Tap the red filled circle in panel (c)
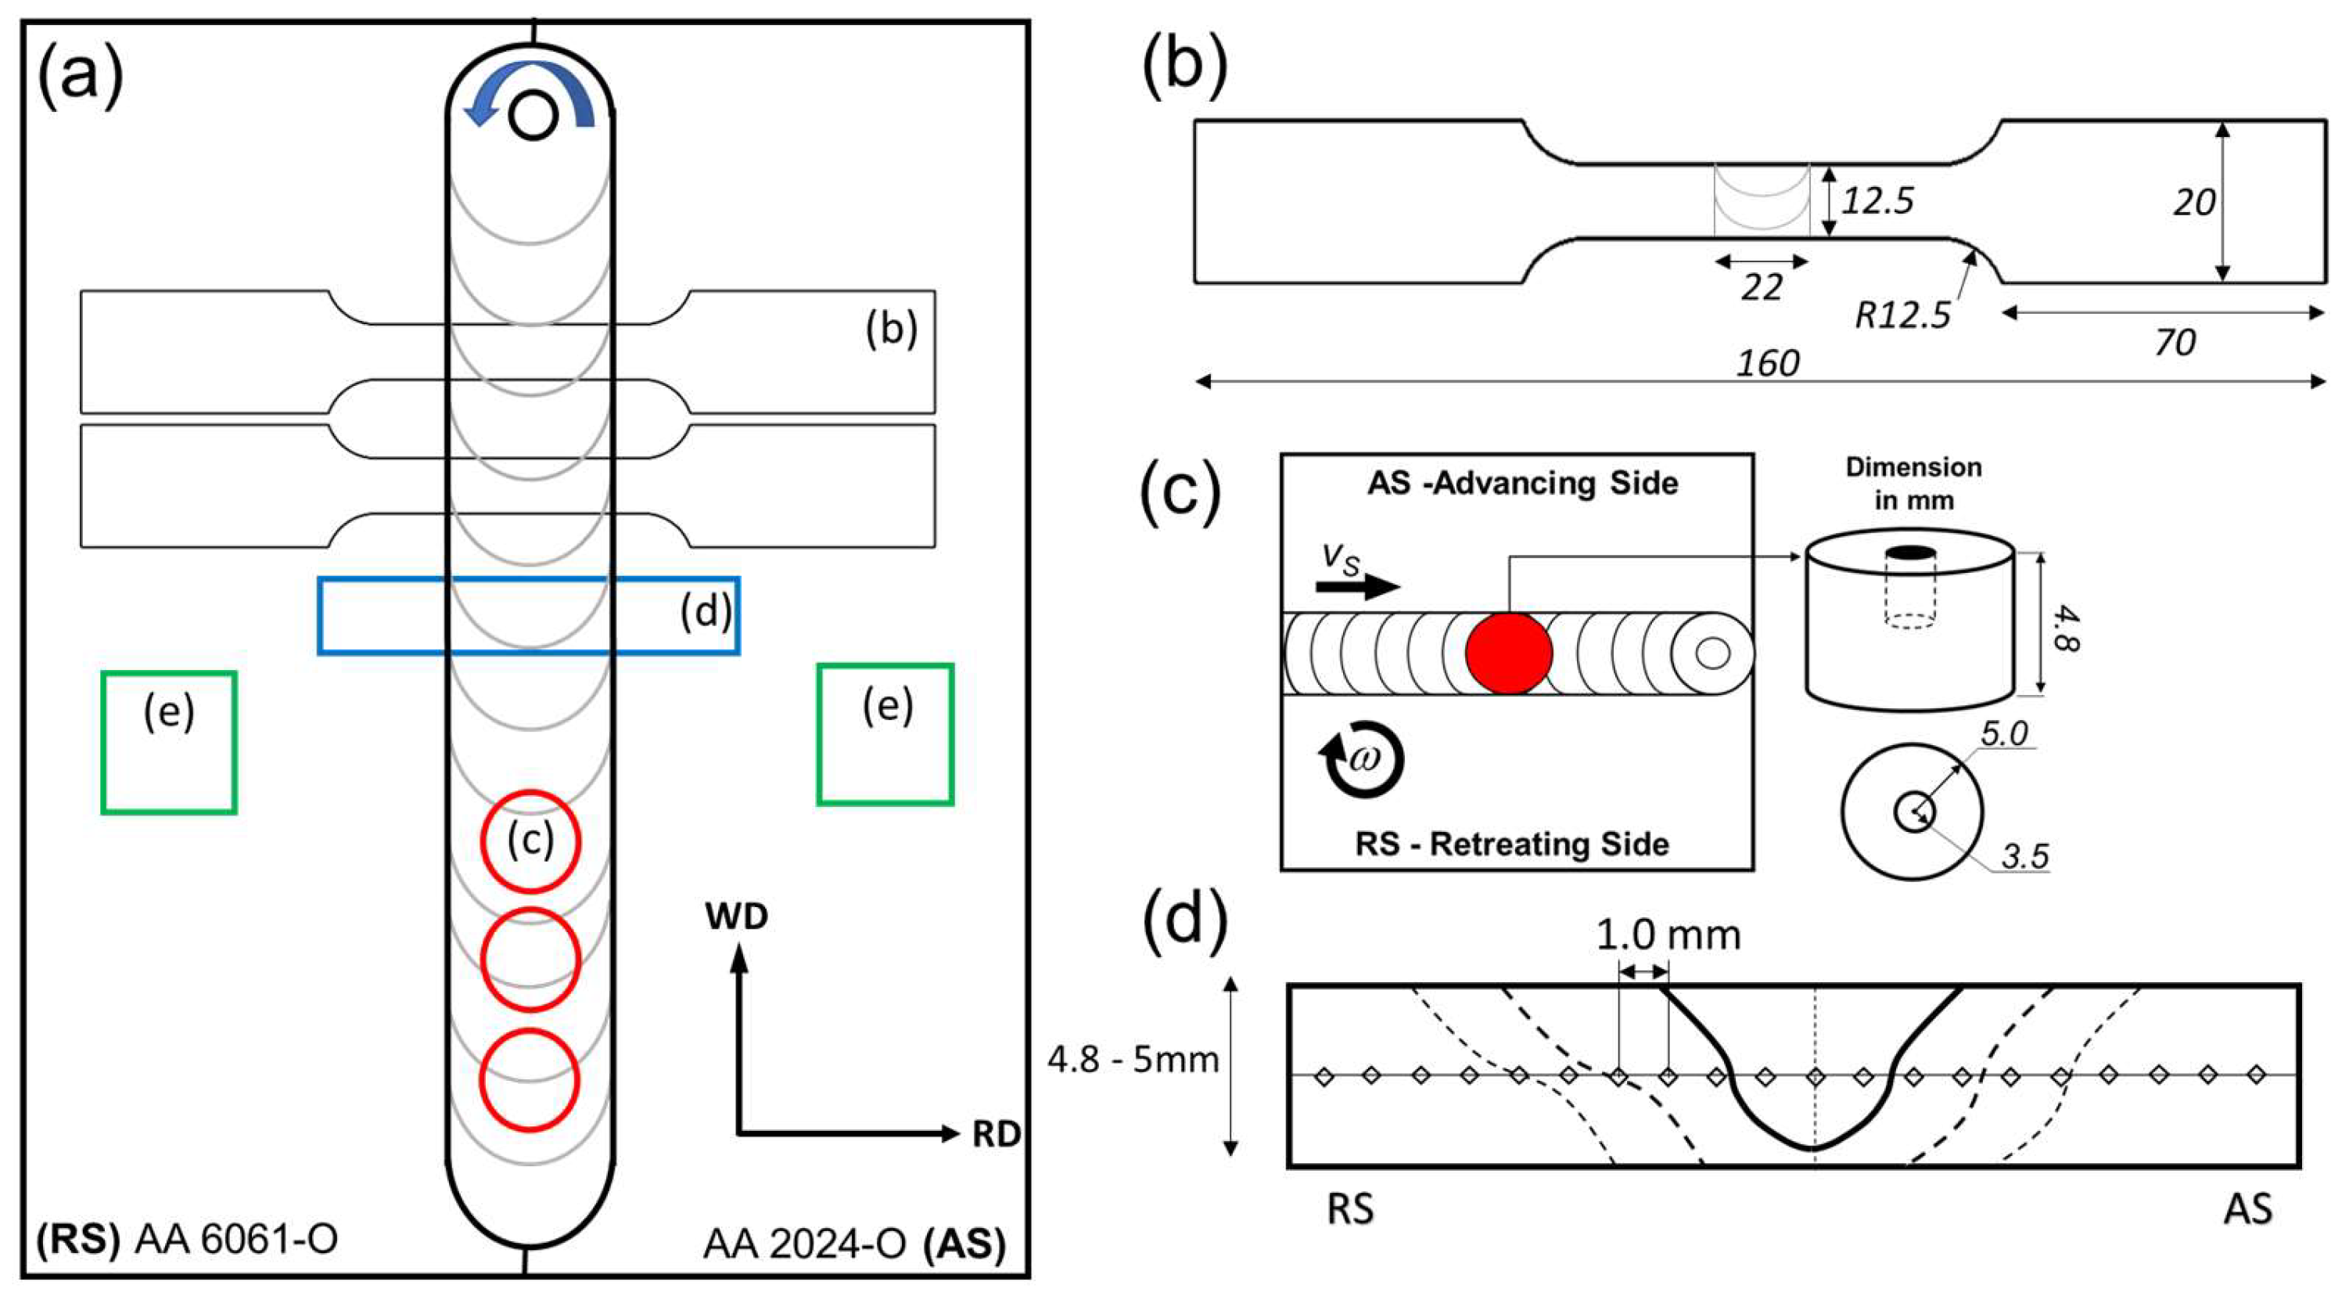(x=1508, y=654)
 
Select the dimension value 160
(x=1767, y=363)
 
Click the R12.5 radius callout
(x=1902, y=315)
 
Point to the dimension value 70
(x=2174, y=343)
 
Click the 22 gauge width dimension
(x=1762, y=288)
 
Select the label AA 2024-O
(x=805, y=1244)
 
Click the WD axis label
(x=737, y=916)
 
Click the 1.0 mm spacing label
(x=1668, y=934)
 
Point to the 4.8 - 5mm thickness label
(x=1133, y=1059)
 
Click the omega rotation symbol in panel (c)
(x=1363, y=759)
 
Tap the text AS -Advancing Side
(x=1523, y=483)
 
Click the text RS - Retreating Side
(x=1513, y=844)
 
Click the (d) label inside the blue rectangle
(x=706, y=611)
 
